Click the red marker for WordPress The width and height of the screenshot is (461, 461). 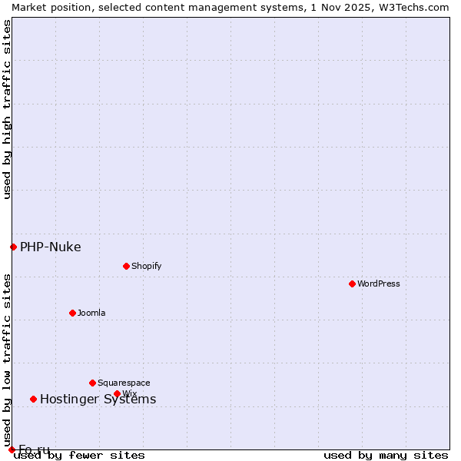pos(352,284)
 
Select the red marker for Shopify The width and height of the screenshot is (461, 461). pos(126,266)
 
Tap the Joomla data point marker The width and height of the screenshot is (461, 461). pos(72,313)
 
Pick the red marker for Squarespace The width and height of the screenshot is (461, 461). pos(92,383)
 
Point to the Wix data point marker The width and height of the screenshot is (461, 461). pos(117,393)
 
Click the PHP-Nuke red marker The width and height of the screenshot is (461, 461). pos(13,247)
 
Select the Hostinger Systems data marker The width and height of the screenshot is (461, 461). pos(33,399)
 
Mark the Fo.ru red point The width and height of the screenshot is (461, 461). pos(12,449)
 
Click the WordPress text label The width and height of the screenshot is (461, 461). pos(379,284)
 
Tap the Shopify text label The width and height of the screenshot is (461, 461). pos(146,266)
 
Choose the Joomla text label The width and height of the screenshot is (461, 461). pos(91,313)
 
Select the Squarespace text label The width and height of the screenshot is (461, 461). pos(124,383)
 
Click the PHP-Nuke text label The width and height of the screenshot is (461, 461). pos(51,247)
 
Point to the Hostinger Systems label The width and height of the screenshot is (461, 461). pos(98,399)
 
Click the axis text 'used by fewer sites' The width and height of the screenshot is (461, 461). pos(79,456)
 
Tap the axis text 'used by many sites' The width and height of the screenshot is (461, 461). pos(386,456)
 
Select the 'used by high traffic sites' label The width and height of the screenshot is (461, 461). pos(7,109)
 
